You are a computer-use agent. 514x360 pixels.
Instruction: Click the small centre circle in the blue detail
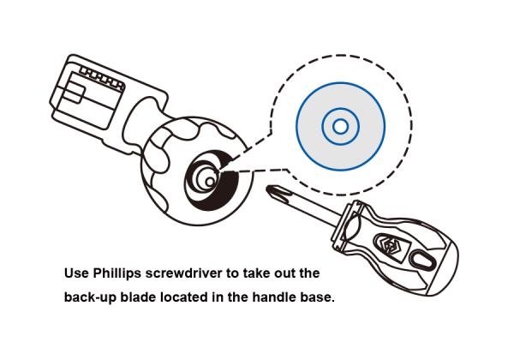[339, 126]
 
